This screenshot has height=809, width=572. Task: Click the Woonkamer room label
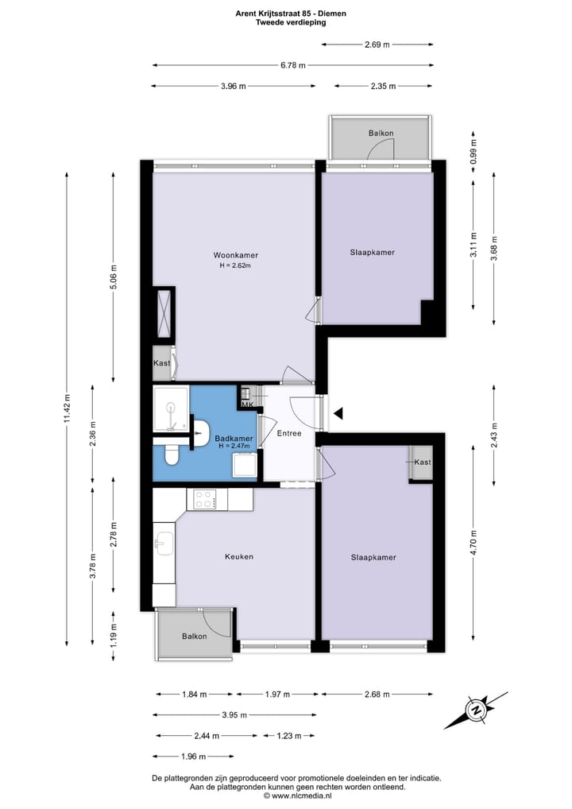click(235, 255)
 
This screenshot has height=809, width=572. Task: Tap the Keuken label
click(238, 556)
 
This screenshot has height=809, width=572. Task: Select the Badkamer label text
click(234, 439)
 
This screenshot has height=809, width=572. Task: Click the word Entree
click(289, 433)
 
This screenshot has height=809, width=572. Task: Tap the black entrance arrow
click(338, 413)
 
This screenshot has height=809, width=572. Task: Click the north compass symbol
click(477, 709)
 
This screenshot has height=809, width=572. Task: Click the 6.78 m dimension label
click(293, 66)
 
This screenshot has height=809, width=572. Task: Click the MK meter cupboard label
click(247, 405)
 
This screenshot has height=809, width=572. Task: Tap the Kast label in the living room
click(161, 363)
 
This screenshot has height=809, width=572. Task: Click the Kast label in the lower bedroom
click(422, 462)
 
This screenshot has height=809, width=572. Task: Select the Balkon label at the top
click(381, 133)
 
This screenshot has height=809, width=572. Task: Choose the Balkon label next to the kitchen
click(194, 637)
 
